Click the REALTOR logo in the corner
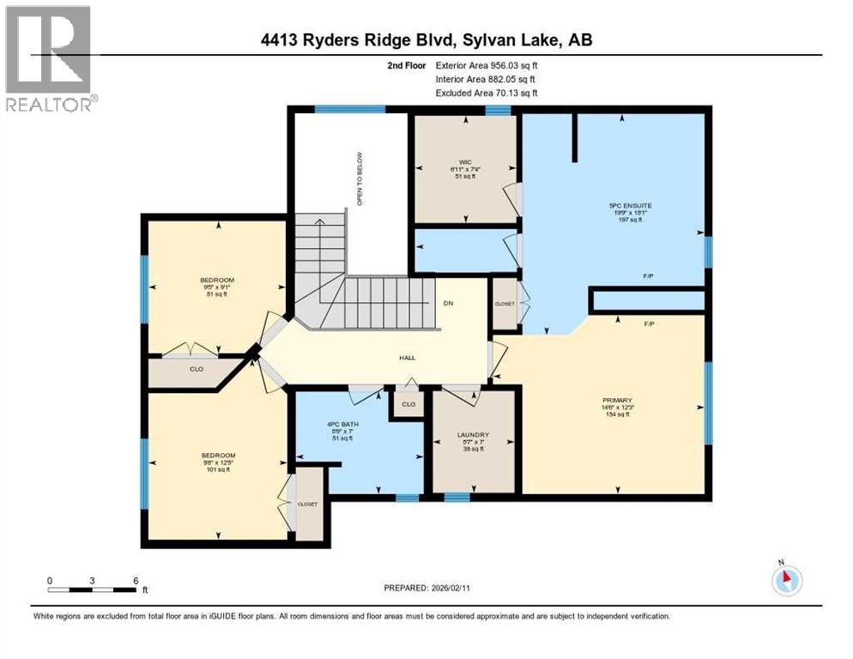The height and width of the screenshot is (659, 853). [50, 57]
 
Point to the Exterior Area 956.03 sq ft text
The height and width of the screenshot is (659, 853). [488, 64]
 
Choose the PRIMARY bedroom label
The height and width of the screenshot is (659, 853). [617, 400]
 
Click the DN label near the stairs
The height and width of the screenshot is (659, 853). [447, 303]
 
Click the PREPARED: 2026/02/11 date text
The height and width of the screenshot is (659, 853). [426, 588]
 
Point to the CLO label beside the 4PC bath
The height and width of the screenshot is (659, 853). [408, 403]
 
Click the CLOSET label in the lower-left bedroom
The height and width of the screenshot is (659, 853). [307, 505]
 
